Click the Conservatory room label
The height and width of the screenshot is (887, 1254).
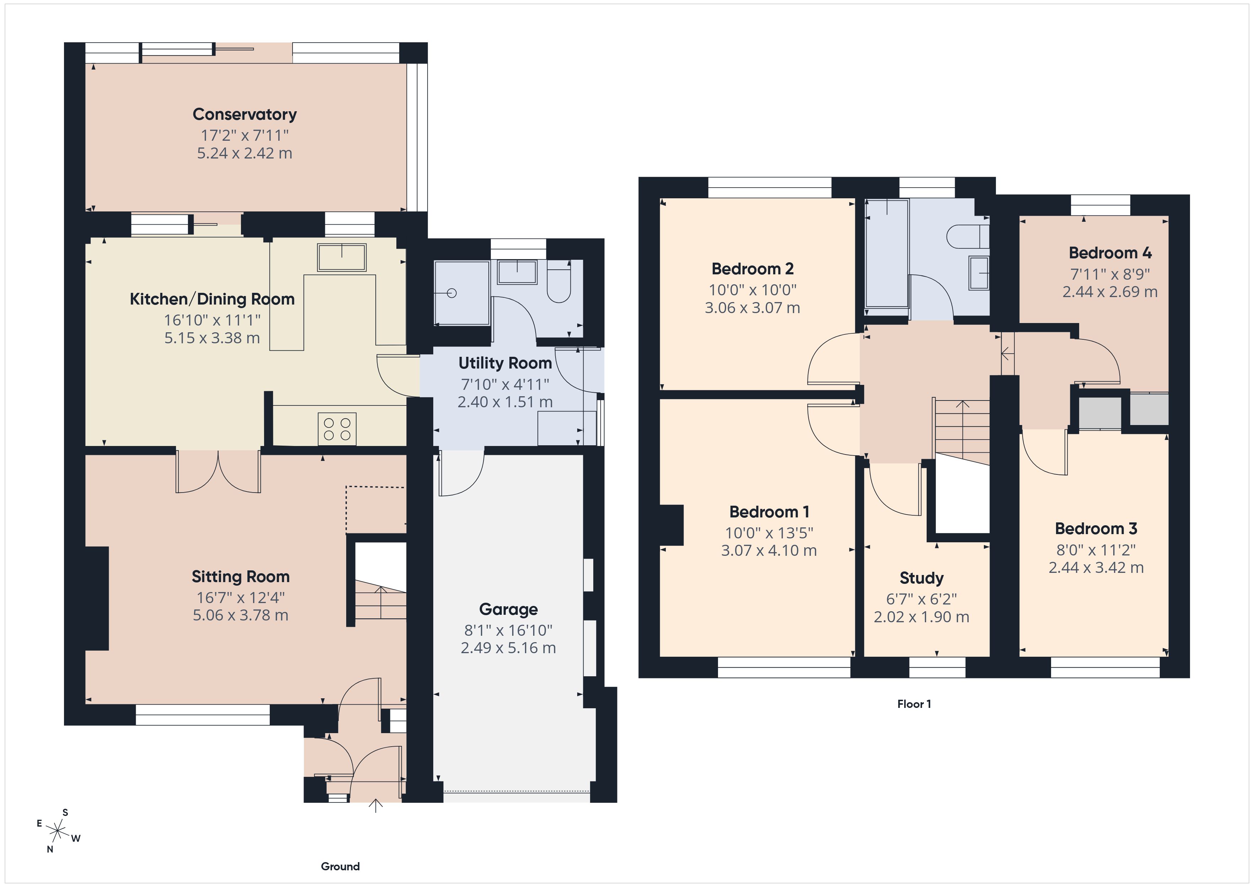245,115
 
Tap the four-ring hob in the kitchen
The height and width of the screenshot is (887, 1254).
337,429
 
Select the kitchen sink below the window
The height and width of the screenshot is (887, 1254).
342,257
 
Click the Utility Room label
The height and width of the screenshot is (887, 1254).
505,363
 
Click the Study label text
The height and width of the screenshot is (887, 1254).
921,578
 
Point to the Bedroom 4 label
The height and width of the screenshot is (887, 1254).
1110,253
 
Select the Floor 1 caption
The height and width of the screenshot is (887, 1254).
914,704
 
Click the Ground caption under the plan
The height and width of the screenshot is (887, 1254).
340,866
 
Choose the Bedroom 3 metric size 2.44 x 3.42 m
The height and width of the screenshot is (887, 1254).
1095,568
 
